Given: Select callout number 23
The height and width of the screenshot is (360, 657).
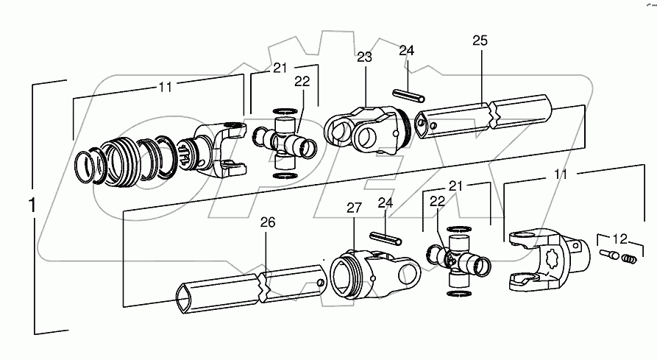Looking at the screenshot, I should pyautogui.click(x=365, y=57).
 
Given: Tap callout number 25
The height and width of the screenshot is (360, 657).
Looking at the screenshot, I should pyautogui.click(x=480, y=42).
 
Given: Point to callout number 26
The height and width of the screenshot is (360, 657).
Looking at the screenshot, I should pyautogui.click(x=267, y=222).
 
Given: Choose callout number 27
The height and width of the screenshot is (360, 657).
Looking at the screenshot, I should pyautogui.click(x=354, y=208).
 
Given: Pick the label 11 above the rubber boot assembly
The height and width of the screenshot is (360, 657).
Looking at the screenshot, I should pyautogui.click(x=164, y=87).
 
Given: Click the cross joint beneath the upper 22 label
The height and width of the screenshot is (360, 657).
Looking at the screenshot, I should pyautogui.click(x=285, y=139).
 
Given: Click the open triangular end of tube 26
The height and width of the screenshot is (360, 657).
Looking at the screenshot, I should pyautogui.click(x=184, y=296).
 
